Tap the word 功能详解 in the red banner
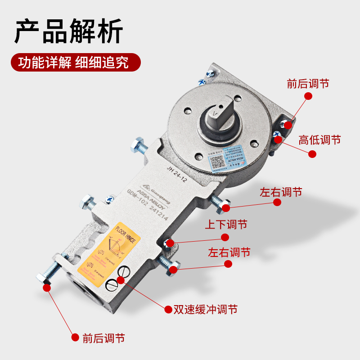pos(45,62)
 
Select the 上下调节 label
pos(227,224)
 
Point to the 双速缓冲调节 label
pos(206,310)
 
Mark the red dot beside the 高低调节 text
pos(312,153)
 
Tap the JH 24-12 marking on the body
pos(176,175)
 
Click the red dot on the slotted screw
pos(120,280)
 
